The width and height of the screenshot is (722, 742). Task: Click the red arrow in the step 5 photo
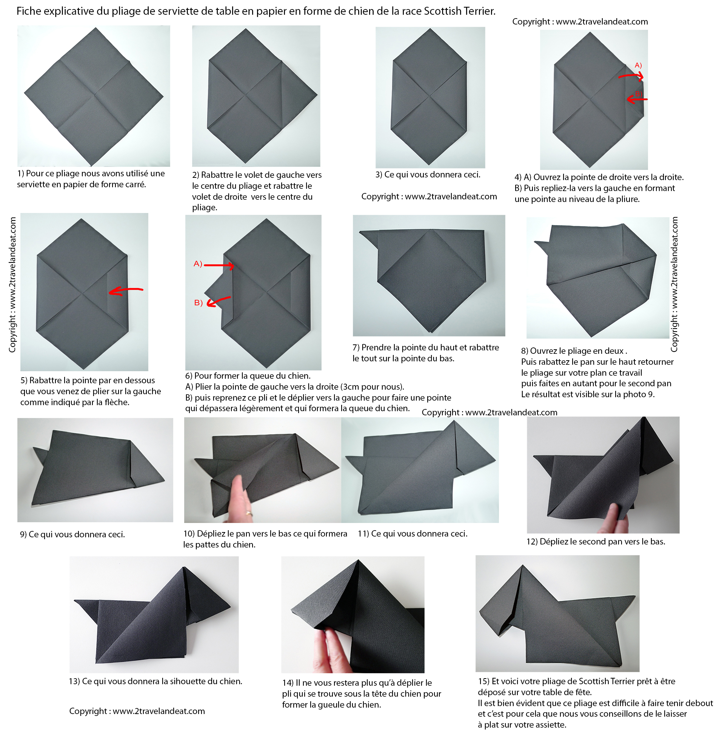coord(126,291)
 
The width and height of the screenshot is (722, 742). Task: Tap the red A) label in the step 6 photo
coord(198,264)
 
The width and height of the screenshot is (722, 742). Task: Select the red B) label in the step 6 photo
coord(198,303)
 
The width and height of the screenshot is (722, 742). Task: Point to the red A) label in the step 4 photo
coord(638,65)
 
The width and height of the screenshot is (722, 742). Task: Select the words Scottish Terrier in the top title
coord(460,11)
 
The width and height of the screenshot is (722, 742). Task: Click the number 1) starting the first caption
coord(21,174)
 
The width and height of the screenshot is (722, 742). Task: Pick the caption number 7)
coord(356,348)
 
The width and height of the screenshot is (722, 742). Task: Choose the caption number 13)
coord(74,681)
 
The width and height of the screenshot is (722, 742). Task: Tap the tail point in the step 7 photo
coord(360,231)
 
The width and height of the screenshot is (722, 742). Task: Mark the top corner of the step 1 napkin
coord(95,28)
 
